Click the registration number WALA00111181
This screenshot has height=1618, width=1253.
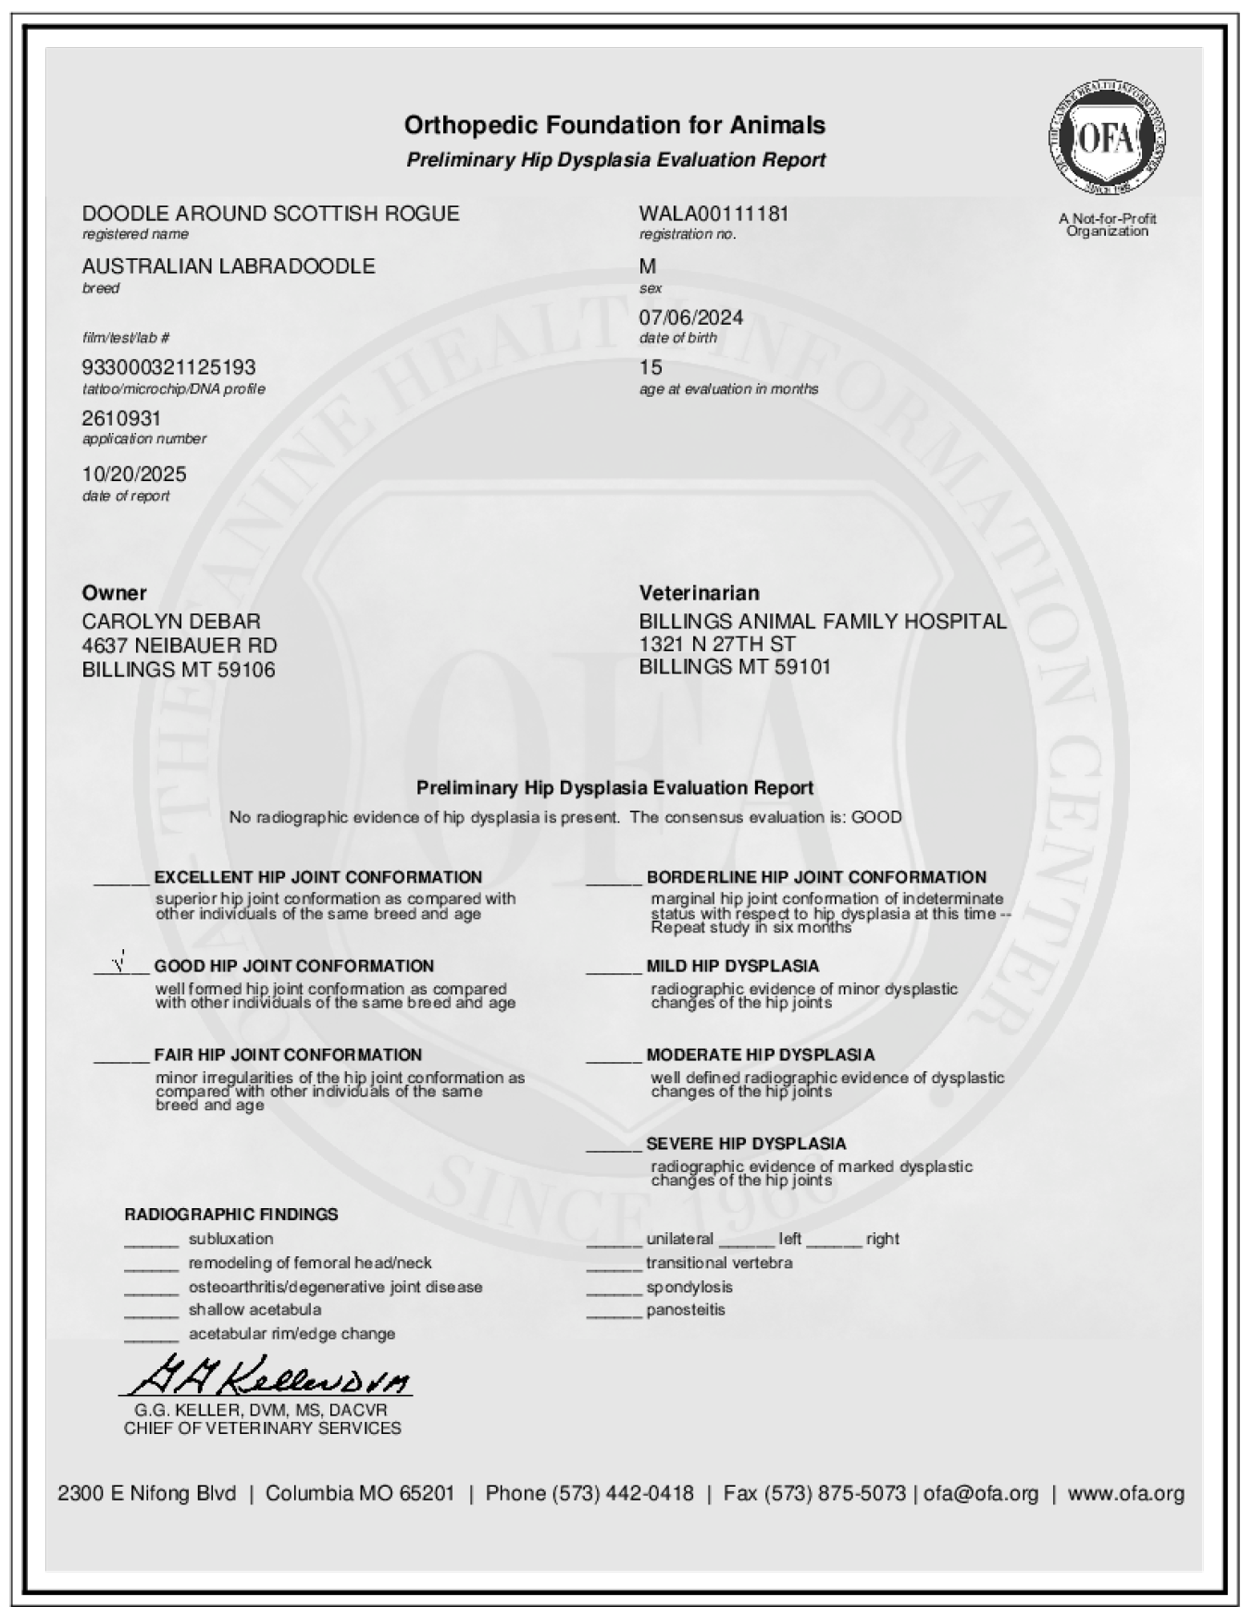click(713, 214)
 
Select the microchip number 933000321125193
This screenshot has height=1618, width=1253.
click(168, 367)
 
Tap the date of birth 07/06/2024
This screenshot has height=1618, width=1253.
click(690, 317)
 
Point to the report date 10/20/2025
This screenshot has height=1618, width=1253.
click(134, 475)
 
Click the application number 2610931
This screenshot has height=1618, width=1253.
click(121, 419)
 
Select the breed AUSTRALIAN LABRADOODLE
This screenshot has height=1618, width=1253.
click(229, 266)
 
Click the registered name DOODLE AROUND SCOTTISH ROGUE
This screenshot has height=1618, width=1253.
click(270, 214)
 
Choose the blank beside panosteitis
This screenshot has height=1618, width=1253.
click(613, 1314)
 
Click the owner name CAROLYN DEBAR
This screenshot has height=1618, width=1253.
click(171, 621)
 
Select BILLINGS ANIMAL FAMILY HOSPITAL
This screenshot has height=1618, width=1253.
click(822, 621)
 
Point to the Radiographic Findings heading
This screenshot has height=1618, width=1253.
click(231, 1214)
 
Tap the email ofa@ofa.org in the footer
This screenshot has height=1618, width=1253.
click(980, 1493)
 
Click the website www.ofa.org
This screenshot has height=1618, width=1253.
click(1125, 1493)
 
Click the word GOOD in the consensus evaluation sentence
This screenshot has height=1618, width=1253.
click(875, 818)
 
